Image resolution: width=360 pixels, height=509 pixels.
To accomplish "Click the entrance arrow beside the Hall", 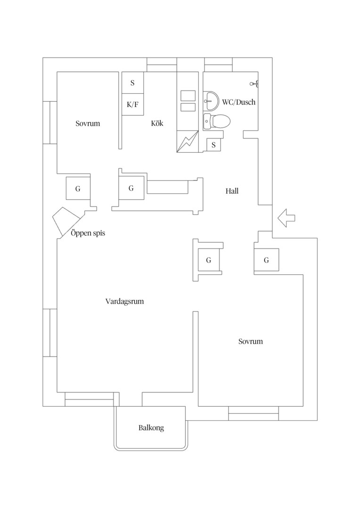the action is (286, 218).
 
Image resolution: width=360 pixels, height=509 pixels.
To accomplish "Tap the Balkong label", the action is (151, 428).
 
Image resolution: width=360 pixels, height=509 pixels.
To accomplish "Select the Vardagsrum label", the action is (125, 301).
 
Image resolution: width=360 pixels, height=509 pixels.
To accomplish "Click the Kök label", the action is (157, 123).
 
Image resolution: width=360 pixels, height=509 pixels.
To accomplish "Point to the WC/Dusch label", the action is (238, 102).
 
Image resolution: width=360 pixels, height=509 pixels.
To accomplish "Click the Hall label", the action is (232, 191).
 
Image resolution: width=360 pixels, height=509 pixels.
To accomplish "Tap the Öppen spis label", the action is (88, 233).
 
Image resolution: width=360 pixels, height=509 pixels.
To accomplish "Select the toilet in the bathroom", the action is (217, 121).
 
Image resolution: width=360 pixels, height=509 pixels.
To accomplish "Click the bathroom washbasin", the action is (211, 101).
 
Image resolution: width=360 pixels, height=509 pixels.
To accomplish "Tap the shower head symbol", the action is (254, 84).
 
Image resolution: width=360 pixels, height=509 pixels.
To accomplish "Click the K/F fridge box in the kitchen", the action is (133, 105).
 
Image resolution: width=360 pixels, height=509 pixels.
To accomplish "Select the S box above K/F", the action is (133, 83).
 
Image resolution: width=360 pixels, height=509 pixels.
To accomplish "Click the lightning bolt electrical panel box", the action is (188, 141).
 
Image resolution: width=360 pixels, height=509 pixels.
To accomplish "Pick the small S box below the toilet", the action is (213, 145).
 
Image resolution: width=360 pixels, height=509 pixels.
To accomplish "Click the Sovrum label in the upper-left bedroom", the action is (88, 123).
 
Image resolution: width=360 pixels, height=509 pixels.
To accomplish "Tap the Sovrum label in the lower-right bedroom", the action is (251, 341).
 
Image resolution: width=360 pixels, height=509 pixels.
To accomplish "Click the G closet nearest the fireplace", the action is (78, 188).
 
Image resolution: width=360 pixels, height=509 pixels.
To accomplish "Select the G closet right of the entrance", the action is (267, 260).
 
